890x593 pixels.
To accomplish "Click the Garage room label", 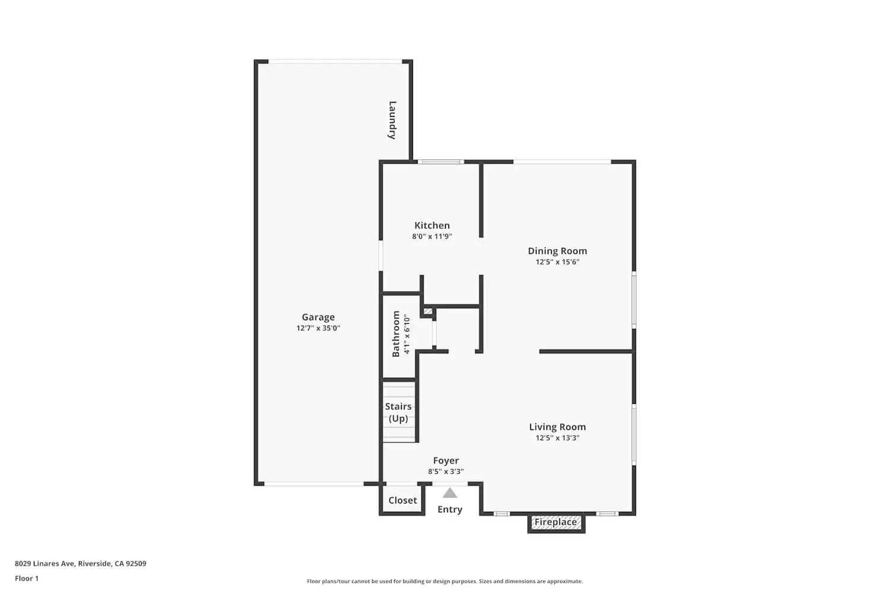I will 318,317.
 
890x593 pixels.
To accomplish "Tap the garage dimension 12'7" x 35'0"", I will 318,328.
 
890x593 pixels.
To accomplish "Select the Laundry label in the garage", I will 392,120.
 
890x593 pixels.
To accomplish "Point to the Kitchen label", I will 432,225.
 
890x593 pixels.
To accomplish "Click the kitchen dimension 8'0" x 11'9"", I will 432,236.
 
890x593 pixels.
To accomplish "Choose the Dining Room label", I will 557,251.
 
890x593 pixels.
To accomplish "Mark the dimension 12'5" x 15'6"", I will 557,262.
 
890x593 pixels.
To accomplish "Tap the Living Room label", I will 557,427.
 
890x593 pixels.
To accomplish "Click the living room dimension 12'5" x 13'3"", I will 557,438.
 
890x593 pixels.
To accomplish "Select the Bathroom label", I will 396,334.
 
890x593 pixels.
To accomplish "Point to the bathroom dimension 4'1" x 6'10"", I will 407,334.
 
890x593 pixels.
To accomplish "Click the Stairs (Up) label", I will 398,412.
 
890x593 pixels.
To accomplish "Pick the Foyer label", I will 446,461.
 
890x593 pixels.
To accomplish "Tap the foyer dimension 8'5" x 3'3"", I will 446,471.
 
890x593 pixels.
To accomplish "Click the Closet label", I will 402,500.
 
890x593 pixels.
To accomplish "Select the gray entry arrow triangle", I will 450,493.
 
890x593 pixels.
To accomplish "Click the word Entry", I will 450,509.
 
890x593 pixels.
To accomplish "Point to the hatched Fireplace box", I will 556,522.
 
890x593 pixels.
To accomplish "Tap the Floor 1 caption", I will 27,578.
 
